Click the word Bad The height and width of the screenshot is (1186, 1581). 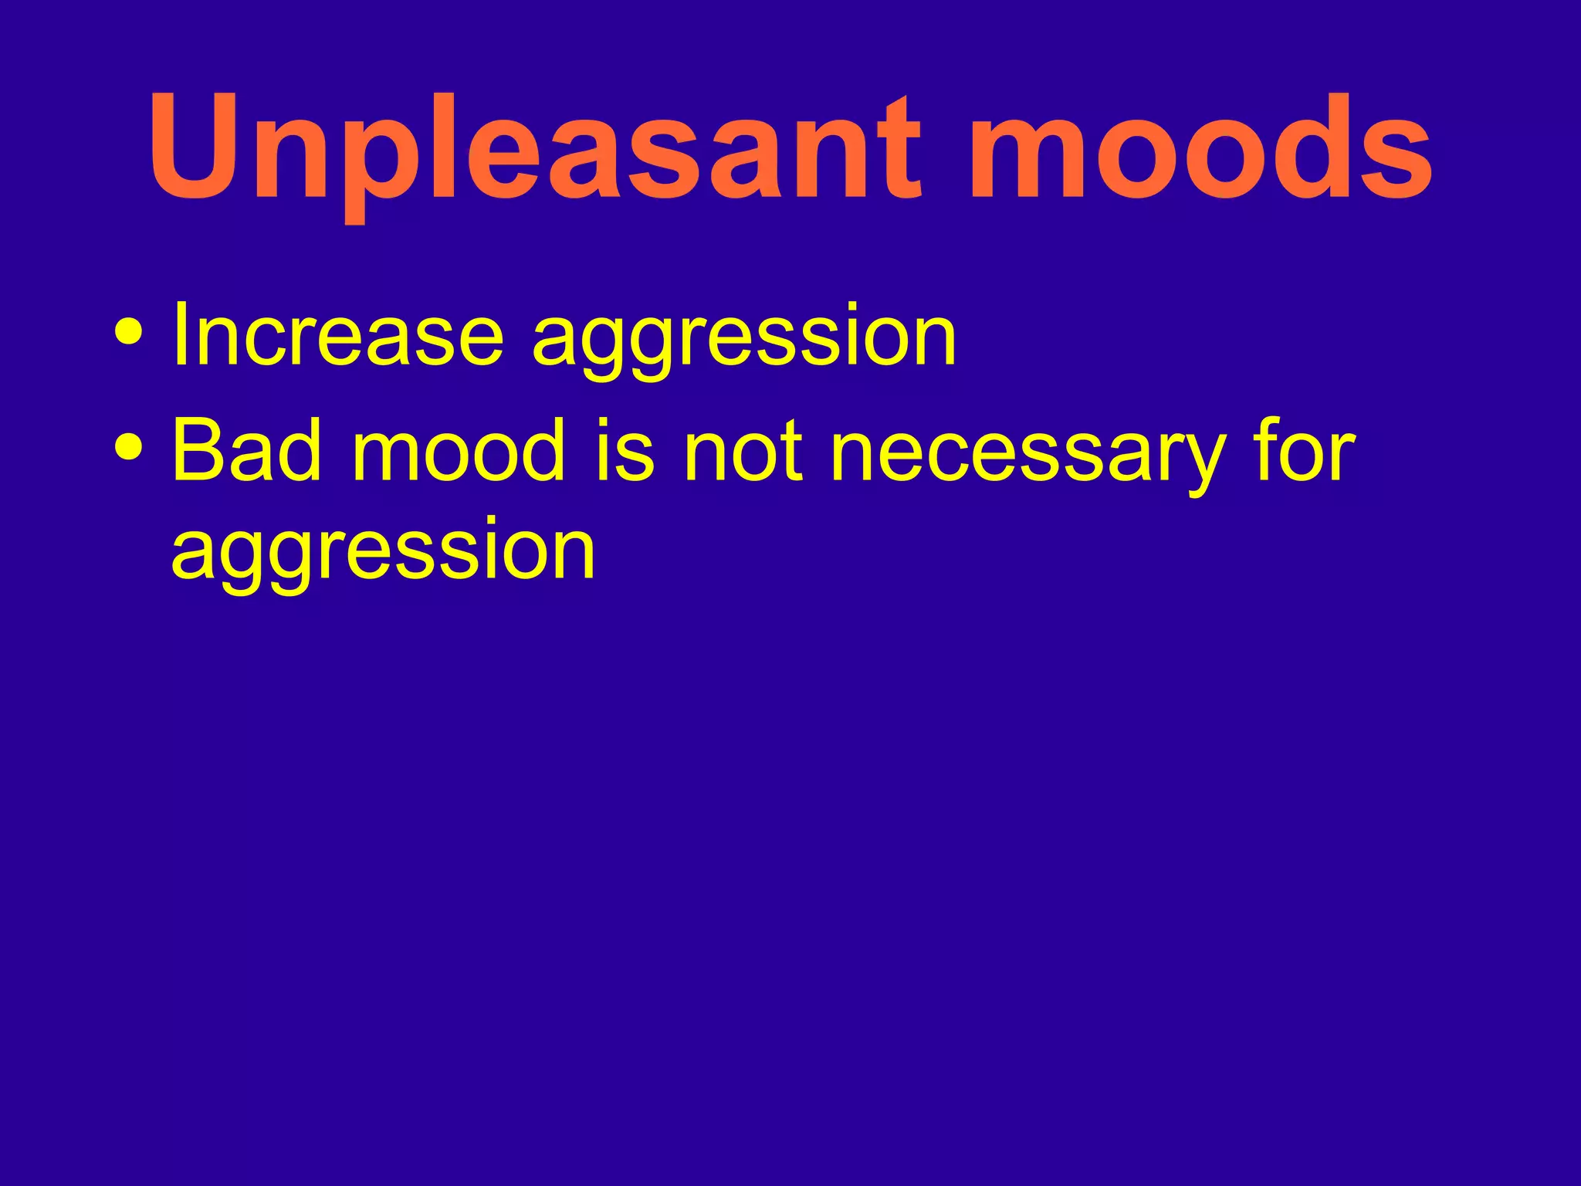click(x=246, y=449)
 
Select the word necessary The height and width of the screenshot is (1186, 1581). click(x=1027, y=456)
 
